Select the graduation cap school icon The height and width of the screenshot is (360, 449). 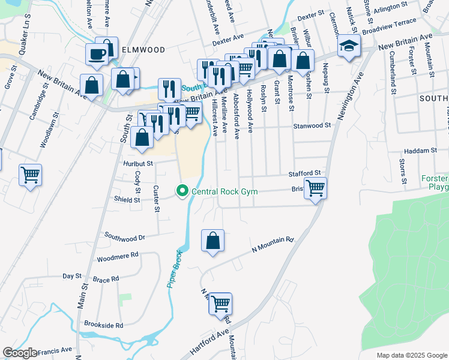pos(348,46)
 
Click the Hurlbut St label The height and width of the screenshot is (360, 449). pos(139,163)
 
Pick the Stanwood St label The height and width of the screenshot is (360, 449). pos(312,126)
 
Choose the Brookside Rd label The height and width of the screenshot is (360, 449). pos(104,325)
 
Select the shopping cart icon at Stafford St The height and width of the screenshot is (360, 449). pos(315,188)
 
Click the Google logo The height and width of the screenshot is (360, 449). pos(20,353)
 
